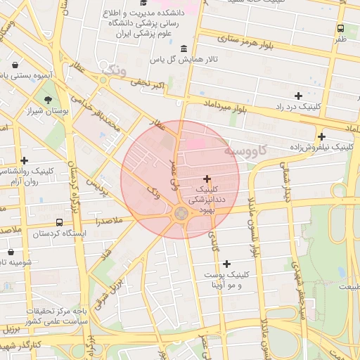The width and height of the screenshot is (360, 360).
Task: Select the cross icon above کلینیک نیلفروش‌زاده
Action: [x=321, y=136]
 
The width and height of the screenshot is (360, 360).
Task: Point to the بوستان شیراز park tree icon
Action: [x=48, y=100]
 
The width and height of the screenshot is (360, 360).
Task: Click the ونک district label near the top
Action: [x=112, y=70]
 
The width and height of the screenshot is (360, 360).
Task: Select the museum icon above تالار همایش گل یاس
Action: [x=184, y=49]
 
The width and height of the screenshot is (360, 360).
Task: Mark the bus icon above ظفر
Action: [x=340, y=29]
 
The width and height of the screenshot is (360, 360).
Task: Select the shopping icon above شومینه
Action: [x=11, y=251]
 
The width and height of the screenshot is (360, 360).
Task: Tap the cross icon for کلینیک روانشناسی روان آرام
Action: [x=25, y=160]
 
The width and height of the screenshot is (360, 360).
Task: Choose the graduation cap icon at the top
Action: [x=153, y=5]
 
